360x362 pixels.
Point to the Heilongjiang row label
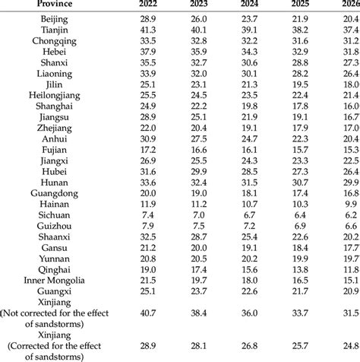[x=50, y=116]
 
